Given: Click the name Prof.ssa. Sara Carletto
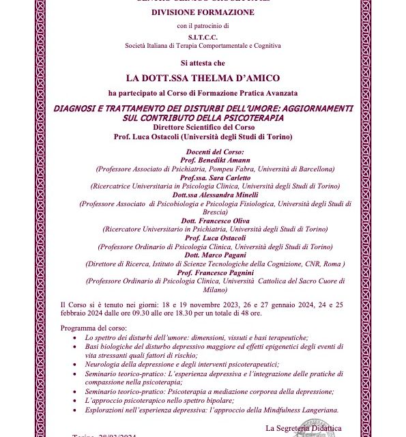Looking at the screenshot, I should [215, 177].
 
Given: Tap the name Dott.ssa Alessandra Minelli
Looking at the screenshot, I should [215, 195].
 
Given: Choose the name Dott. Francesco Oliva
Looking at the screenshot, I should [215, 221].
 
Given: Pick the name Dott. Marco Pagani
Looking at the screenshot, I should [215, 255].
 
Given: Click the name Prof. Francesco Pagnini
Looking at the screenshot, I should [215, 272].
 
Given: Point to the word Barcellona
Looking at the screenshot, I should [313, 168].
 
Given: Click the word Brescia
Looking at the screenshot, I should [215, 212].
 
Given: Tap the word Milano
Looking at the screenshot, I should [215, 289].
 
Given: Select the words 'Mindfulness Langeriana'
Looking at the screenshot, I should [296, 409].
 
